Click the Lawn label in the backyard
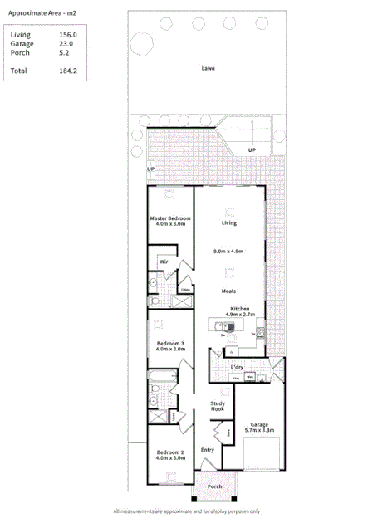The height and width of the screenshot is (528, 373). coord(208,69)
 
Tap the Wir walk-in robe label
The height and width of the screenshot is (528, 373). coord(164,261)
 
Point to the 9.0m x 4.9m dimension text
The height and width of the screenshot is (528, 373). coord(228,251)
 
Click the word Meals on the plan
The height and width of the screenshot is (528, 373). coord(229,291)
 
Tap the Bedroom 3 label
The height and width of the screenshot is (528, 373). coord(169,343)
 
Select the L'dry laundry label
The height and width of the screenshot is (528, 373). coord(237,367)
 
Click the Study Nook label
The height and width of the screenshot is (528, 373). coord(218,405)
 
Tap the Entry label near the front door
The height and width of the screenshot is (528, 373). coord(208,450)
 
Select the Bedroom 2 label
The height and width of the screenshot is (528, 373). coord(169,452)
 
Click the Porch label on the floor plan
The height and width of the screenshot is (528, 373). coord(214,486)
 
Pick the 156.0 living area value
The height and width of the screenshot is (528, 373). coord(67,35)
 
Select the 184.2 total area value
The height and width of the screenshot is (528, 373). coord(67,71)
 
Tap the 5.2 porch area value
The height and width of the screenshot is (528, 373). coord(64,52)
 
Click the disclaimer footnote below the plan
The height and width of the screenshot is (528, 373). coord(186,511)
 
